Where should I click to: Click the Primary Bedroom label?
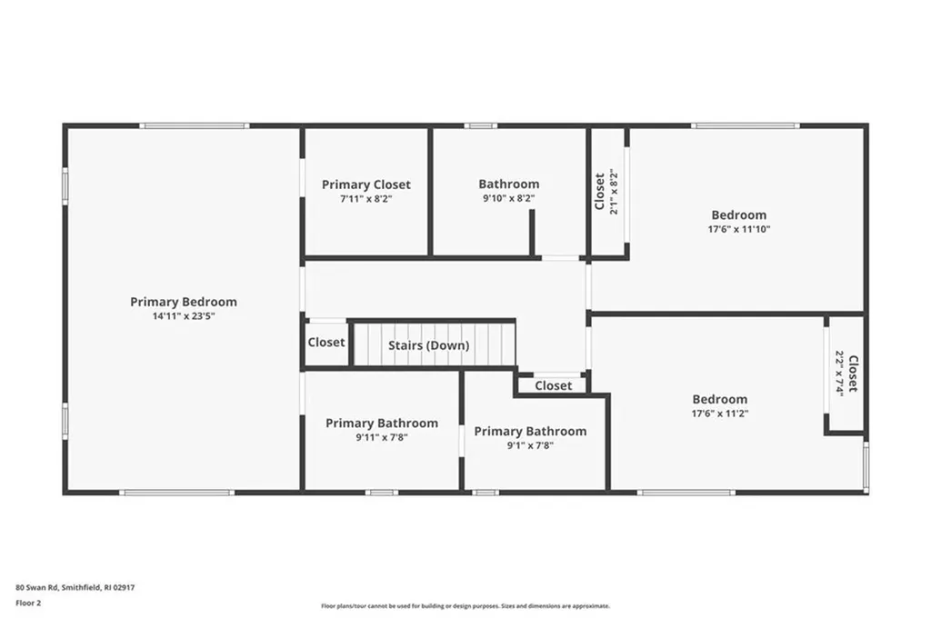pyautogui.click(x=183, y=302)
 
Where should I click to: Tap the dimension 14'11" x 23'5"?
pyautogui.click(x=183, y=316)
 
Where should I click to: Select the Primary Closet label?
pyautogui.click(x=365, y=184)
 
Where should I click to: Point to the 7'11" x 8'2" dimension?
pyautogui.click(x=365, y=198)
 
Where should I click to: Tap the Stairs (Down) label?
pyautogui.click(x=428, y=345)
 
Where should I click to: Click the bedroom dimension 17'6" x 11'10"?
pyautogui.click(x=738, y=229)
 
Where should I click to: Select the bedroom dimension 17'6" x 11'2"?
pyautogui.click(x=719, y=414)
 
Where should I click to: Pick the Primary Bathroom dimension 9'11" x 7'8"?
pyautogui.click(x=381, y=437)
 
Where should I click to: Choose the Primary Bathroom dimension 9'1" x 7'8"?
pyautogui.click(x=530, y=445)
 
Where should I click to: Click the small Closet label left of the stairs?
pyautogui.click(x=325, y=343)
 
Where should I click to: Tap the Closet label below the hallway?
pyautogui.click(x=553, y=385)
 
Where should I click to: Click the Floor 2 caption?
pyautogui.click(x=28, y=602)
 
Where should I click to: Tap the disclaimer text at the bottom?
pyautogui.click(x=465, y=606)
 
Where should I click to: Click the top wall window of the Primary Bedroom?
pyautogui.click(x=195, y=125)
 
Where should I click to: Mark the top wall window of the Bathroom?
pyautogui.click(x=480, y=125)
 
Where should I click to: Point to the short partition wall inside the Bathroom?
pyautogui.click(x=532, y=233)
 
